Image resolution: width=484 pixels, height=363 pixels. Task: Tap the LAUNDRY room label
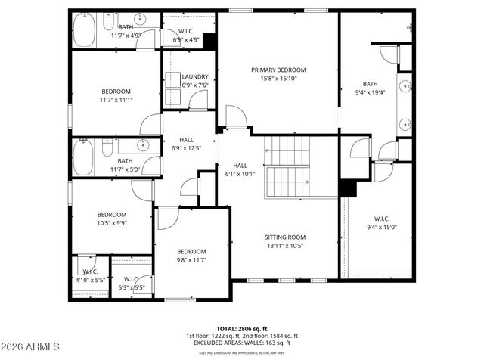(195, 76)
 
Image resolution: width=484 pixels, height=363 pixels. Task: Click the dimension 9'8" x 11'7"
(191, 260)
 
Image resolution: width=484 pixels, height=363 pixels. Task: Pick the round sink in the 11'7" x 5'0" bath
(143, 144)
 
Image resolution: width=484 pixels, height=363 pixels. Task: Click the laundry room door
(198, 102)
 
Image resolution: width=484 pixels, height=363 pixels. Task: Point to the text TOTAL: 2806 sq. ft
(242, 329)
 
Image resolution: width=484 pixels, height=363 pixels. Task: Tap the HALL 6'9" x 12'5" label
(186, 144)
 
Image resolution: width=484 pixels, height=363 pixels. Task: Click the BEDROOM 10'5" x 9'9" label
(110, 219)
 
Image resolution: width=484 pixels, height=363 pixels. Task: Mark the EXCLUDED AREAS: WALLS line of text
(242, 343)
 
